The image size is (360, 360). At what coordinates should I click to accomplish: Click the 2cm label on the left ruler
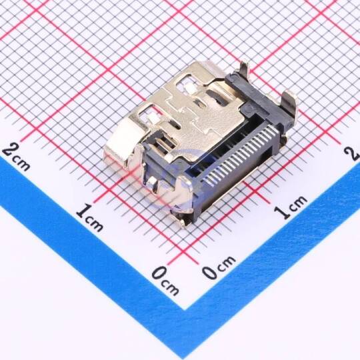click(16, 157)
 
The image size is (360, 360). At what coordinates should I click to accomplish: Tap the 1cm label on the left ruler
click(89, 217)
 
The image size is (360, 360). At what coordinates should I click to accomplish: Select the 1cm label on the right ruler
click(291, 207)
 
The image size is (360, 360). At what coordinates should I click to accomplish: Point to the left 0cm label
click(165, 281)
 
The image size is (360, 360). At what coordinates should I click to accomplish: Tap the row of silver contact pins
click(241, 156)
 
